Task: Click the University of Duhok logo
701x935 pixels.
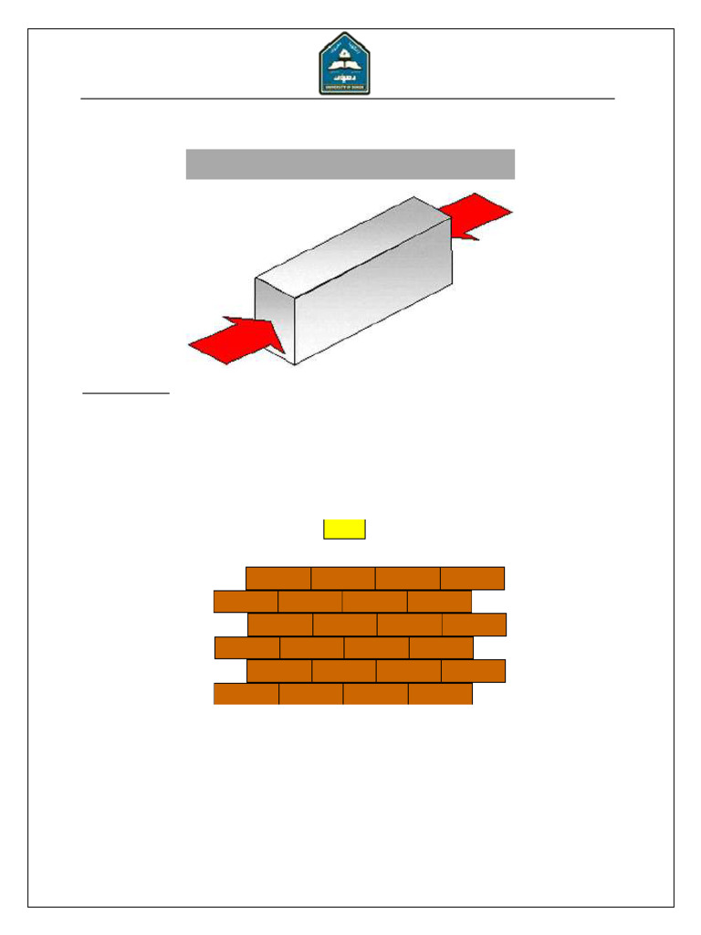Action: pyautogui.click(x=344, y=63)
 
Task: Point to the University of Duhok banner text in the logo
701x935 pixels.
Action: pyautogui.click(x=344, y=88)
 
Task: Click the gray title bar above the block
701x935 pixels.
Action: pyautogui.click(x=350, y=164)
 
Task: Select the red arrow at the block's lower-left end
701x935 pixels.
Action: pyautogui.click(x=234, y=341)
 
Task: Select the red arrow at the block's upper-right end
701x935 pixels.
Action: pyautogui.click(x=476, y=216)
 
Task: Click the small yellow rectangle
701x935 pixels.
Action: pyautogui.click(x=344, y=530)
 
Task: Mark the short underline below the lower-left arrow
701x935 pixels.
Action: pyautogui.click(x=126, y=394)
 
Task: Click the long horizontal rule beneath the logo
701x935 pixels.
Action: pyautogui.click(x=347, y=98)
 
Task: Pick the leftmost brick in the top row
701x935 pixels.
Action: pyautogui.click(x=278, y=578)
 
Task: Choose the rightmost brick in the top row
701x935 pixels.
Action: pyautogui.click(x=473, y=578)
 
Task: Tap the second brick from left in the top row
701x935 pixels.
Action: pyautogui.click(x=343, y=578)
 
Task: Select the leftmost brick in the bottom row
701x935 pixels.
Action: pyautogui.click(x=246, y=694)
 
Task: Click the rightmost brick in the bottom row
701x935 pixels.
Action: pyautogui.click(x=440, y=694)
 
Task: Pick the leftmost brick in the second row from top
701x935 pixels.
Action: pyautogui.click(x=246, y=602)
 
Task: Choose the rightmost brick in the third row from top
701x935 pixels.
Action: pyautogui.click(x=475, y=625)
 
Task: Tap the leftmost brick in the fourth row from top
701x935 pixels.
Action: pyautogui.click(x=247, y=647)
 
